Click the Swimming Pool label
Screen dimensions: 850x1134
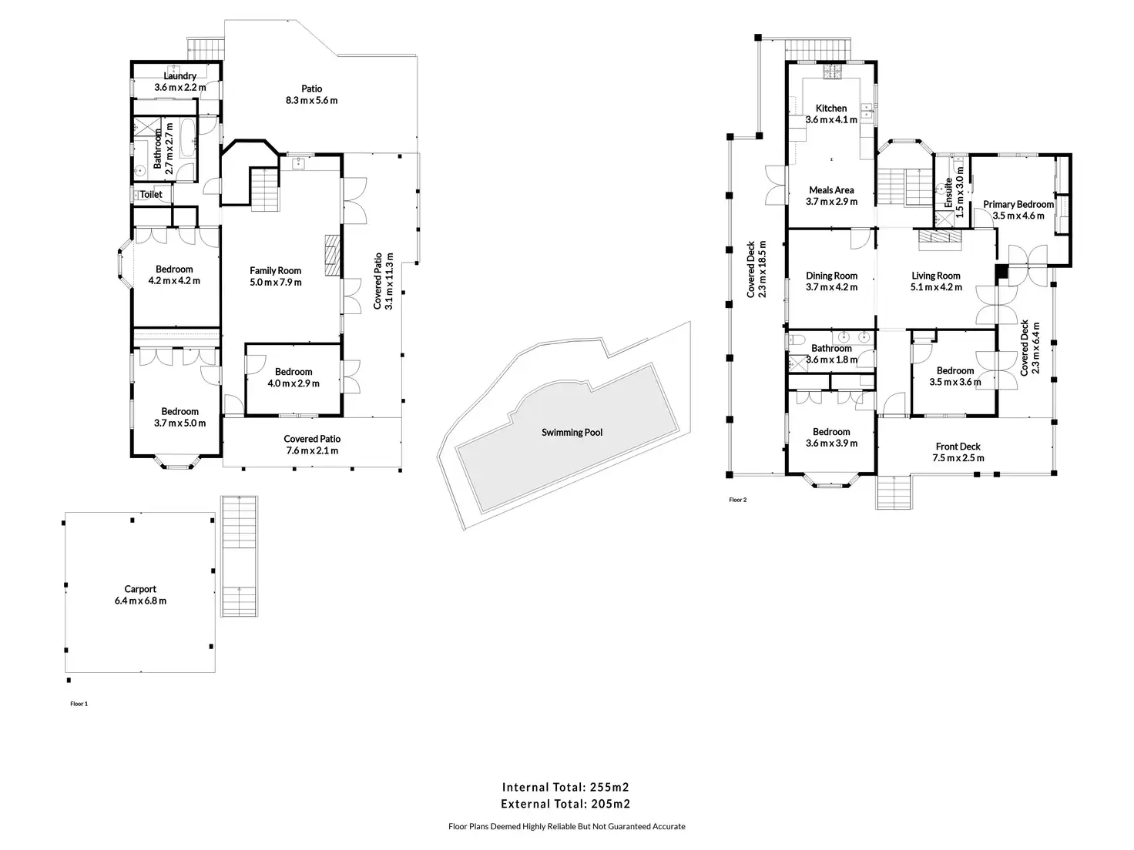tap(572, 433)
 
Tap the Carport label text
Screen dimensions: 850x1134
tap(140, 590)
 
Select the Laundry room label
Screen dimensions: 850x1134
tap(179, 76)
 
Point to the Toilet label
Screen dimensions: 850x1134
tap(151, 195)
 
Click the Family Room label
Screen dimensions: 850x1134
tap(275, 271)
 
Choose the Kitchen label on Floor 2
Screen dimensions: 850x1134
tap(831, 109)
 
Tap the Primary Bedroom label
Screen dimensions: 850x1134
tap(1018, 205)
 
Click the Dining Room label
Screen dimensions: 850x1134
tap(831, 276)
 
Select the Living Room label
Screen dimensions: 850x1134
tap(936, 276)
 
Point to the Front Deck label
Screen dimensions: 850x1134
tap(958, 447)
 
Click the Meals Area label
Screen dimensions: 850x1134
tap(831, 190)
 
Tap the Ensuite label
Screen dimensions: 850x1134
tap(949, 193)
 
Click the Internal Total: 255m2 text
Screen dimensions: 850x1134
tap(566, 787)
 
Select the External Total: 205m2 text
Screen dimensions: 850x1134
tap(566, 805)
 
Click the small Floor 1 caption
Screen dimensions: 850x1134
tap(79, 704)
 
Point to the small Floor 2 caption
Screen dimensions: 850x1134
tap(737, 500)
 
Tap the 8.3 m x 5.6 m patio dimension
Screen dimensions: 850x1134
tap(311, 100)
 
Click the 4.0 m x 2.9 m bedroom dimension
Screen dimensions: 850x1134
tap(294, 383)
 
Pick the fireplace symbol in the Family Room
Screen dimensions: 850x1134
tap(332, 255)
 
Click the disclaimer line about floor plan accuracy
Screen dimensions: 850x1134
tap(566, 827)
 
